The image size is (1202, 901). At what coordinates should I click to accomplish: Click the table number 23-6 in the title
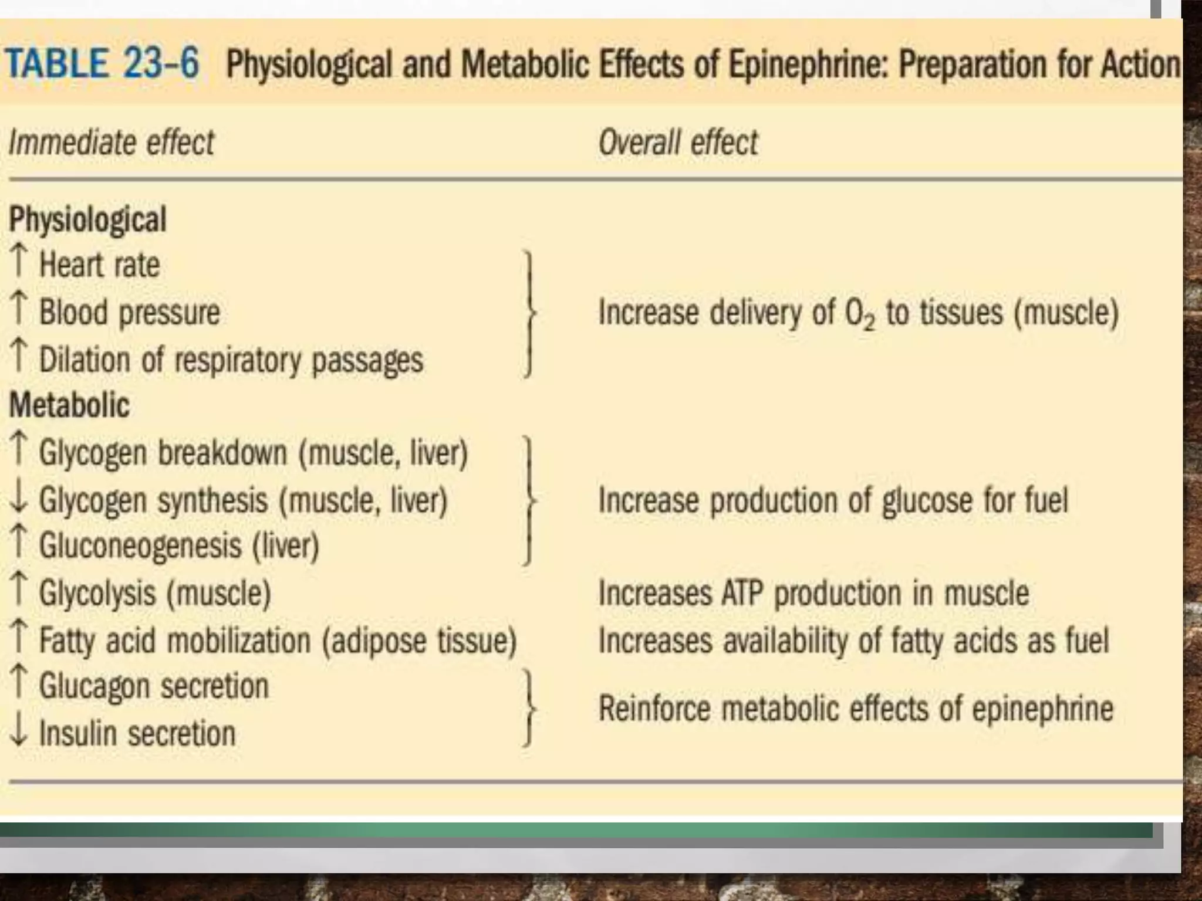(161, 63)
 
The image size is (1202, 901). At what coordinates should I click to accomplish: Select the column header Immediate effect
(112, 143)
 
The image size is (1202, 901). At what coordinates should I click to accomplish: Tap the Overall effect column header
(678, 143)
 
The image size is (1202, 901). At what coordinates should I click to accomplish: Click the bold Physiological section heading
(88, 219)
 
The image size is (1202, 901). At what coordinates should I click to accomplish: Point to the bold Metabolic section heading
(69, 405)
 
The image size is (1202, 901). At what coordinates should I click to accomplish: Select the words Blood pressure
(129, 311)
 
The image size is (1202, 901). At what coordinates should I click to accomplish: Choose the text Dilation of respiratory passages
(231, 359)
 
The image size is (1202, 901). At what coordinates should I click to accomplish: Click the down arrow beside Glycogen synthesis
(19, 500)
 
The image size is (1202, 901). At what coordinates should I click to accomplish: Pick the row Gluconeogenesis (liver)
(179, 546)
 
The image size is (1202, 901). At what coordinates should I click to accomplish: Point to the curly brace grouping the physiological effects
(529, 313)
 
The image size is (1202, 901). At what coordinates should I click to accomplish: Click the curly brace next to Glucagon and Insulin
(529, 708)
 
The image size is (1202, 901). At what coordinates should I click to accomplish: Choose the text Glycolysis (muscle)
(155, 593)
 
